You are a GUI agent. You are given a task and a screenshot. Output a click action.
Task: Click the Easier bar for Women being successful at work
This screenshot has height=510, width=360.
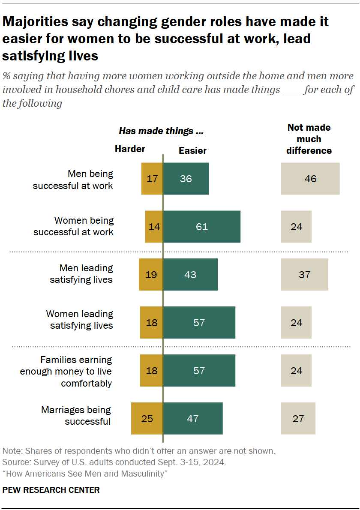click(201, 227)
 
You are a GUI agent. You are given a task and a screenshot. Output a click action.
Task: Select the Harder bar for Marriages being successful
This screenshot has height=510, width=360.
click(147, 418)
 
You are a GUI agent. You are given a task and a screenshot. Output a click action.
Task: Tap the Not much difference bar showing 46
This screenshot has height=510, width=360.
click(310, 179)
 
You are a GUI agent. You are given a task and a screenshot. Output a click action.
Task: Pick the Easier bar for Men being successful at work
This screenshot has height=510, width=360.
click(186, 179)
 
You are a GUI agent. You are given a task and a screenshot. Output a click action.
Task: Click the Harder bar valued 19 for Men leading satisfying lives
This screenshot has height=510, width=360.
click(151, 275)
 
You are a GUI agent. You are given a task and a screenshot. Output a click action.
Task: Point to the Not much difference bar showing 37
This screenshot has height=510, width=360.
click(305, 275)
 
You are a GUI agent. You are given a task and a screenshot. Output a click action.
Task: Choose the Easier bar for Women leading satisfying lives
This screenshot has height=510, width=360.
click(199, 323)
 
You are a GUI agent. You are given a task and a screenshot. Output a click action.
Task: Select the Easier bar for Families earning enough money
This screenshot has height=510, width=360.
click(199, 371)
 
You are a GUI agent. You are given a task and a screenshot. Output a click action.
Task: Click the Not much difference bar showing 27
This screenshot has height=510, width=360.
click(298, 418)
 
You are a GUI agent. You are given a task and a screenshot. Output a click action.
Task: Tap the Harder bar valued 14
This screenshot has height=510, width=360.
click(154, 227)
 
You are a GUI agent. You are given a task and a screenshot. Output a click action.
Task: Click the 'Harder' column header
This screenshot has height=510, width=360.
click(130, 149)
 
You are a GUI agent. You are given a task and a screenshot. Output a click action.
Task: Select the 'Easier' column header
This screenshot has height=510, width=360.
click(192, 150)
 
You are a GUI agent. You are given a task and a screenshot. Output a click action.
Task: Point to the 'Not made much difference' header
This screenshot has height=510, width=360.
click(309, 139)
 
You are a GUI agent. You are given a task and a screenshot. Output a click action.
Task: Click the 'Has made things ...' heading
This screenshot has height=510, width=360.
click(161, 131)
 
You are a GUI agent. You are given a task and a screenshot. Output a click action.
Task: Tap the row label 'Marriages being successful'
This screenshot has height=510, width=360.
click(76, 416)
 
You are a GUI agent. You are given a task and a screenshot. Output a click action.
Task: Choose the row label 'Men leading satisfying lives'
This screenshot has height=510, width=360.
click(81, 274)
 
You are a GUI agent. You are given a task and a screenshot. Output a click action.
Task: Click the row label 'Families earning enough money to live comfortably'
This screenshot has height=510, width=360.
click(66, 371)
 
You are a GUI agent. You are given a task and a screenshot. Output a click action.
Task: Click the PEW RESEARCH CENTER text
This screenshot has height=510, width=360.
click(51, 490)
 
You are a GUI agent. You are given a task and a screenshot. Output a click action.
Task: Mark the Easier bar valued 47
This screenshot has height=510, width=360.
click(193, 418)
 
